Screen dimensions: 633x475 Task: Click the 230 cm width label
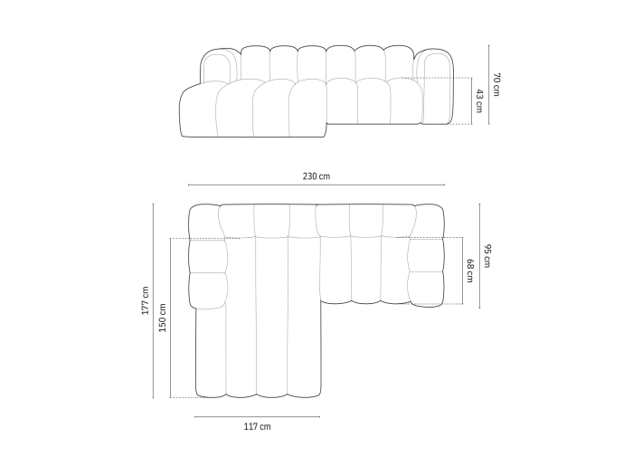[316, 176]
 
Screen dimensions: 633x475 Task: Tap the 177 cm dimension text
[146, 300]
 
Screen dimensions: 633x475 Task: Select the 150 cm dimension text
[162, 318]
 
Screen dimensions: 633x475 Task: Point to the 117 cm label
[257, 426]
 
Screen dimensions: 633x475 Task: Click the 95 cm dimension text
[487, 256]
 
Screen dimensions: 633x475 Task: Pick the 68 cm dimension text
[470, 271]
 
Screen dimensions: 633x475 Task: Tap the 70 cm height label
[496, 84]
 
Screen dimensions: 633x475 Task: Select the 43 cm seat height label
[479, 101]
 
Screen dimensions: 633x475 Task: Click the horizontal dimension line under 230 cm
[316, 185]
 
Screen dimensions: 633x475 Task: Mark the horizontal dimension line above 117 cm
[257, 416]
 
